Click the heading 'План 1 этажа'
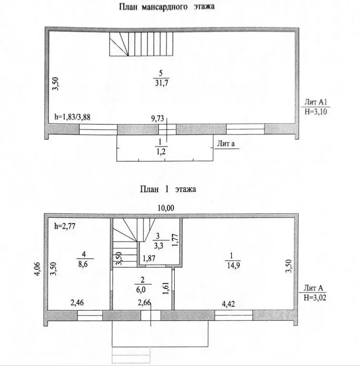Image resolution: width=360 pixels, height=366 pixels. click(168, 189)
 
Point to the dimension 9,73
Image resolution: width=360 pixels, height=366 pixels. click(158, 117)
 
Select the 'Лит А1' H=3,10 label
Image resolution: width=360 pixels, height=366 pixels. click(315, 108)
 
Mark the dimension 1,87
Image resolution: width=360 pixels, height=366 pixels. click(150, 259)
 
